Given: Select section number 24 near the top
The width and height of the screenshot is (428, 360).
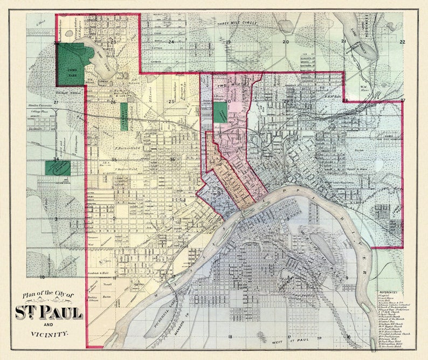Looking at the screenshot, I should click(171, 41).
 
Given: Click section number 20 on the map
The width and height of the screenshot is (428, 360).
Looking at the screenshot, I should click(286, 41).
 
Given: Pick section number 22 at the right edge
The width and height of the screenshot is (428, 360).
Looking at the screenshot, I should click(402, 41).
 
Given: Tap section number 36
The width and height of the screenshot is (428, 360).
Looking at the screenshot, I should click(172, 159).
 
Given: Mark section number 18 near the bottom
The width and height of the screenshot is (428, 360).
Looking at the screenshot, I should click(230, 337).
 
